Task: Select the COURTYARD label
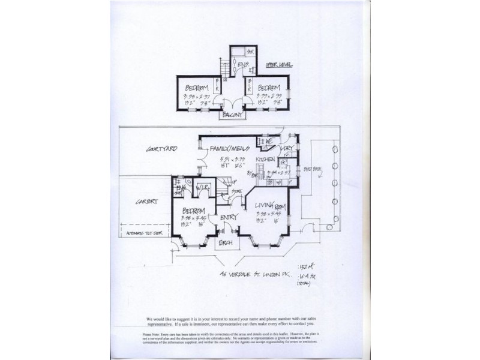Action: coord(161,149)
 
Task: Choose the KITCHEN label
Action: coord(265,160)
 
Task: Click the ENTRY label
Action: coord(230,217)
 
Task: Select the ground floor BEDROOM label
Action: coord(194,212)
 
